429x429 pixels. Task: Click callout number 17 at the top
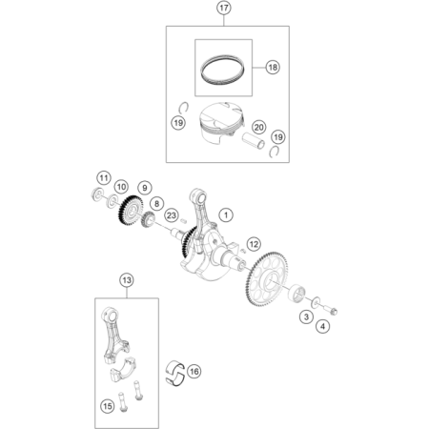pyautogui.click(x=224, y=8)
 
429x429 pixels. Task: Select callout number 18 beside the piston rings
pyautogui.click(x=273, y=67)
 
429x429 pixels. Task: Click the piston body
pyautogui.click(x=220, y=123)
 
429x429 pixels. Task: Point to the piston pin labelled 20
pyautogui.click(x=254, y=141)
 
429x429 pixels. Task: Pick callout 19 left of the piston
pyautogui.click(x=178, y=122)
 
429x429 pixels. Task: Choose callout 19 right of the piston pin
pyautogui.click(x=278, y=137)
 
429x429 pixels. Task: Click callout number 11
pyautogui.click(x=104, y=178)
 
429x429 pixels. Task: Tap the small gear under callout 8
pyautogui.click(x=148, y=219)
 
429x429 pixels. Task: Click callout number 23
pyautogui.click(x=172, y=215)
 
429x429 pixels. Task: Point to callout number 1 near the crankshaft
pyautogui.click(x=226, y=215)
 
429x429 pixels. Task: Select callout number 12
pyautogui.click(x=254, y=244)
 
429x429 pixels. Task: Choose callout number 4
pyautogui.click(x=323, y=326)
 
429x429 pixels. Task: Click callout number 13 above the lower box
pyautogui.click(x=127, y=280)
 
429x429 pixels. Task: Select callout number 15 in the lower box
pyautogui.click(x=108, y=406)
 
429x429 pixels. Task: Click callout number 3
pyautogui.click(x=306, y=317)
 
